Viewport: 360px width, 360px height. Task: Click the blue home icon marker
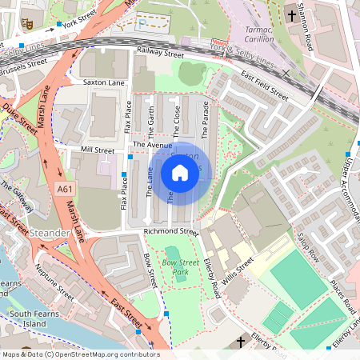coord(180,173)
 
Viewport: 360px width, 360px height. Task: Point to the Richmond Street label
coord(170,232)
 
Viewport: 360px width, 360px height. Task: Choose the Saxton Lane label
coord(104,82)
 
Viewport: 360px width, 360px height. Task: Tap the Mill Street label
coord(98,150)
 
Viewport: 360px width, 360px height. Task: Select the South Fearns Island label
coord(31,318)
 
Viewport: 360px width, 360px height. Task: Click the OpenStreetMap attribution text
coord(80,354)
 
